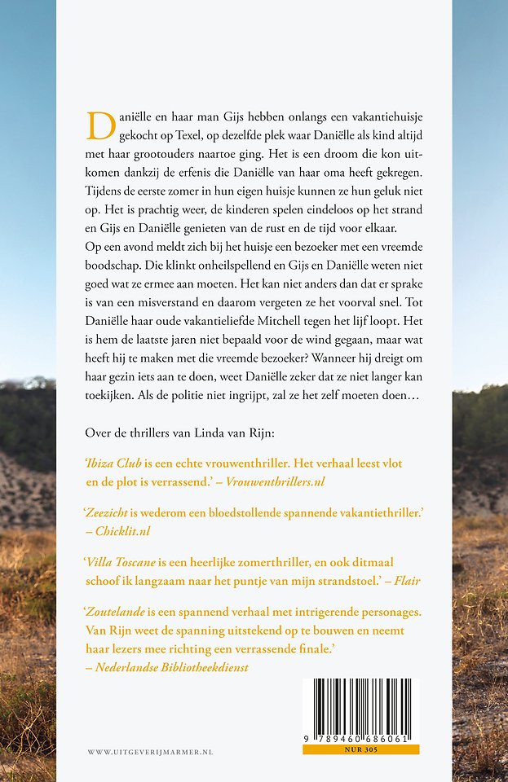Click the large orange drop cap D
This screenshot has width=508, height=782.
coord(101,125)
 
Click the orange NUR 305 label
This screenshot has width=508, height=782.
coord(360,749)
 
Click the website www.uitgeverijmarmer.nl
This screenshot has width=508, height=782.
coord(150,752)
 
